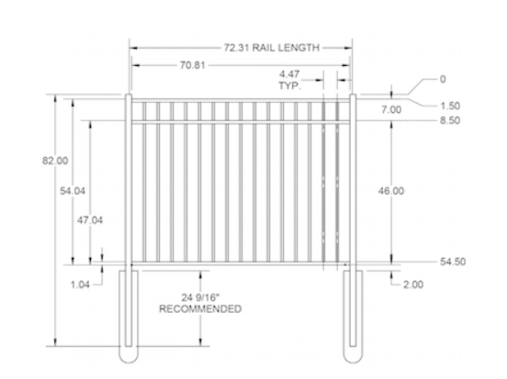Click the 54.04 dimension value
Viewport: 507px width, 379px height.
tap(73, 191)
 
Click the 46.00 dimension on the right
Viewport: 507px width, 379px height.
tap(391, 191)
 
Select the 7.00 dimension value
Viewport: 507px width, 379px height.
tap(392, 109)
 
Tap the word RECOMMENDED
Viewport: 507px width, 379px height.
tap(200, 309)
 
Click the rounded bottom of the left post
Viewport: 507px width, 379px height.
tap(130, 357)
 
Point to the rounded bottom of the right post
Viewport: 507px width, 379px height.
tap(351, 357)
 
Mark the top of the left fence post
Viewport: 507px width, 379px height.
tap(130, 94)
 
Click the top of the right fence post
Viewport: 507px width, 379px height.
tap(351, 94)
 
